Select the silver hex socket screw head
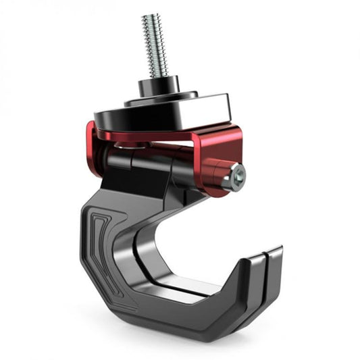click(236, 176)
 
